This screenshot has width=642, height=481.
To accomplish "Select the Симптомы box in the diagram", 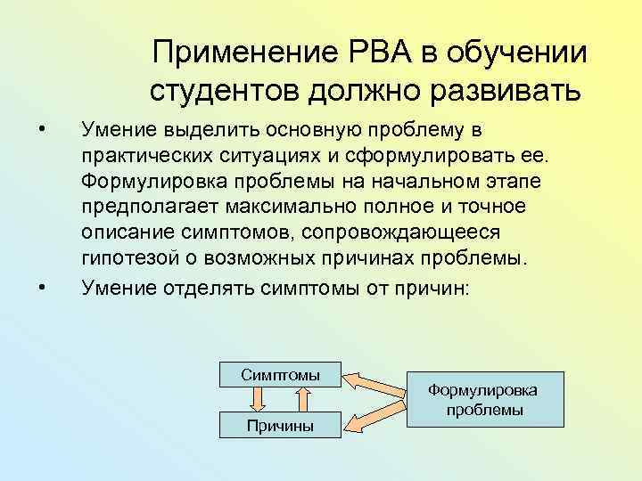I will pyautogui.click(x=280, y=375).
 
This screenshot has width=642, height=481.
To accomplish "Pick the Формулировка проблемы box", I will pyautogui.click(x=485, y=400).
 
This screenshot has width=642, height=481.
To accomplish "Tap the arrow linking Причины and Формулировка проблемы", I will pyautogui.click(x=376, y=417).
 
